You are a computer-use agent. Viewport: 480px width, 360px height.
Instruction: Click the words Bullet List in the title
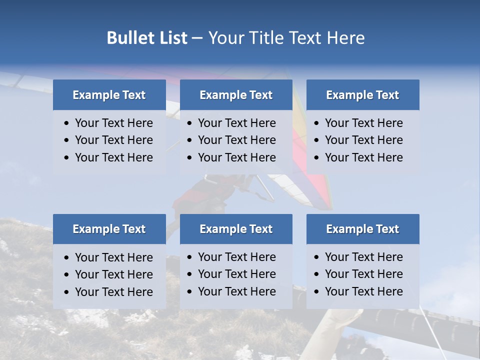147,38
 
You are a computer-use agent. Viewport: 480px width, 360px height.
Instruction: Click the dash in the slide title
197,38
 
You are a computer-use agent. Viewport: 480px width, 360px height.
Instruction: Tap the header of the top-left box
109,95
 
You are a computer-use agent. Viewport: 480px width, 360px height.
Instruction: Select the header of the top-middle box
236,95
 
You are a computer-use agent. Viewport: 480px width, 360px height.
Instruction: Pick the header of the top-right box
362,95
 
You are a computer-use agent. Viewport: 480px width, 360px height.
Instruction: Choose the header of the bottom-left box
109,229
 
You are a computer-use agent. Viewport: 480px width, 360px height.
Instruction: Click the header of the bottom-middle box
236,229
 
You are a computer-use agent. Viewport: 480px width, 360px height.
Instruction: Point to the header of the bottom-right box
362,229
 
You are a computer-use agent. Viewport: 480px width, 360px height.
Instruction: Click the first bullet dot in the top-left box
67,123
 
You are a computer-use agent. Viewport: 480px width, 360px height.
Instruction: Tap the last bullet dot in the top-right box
317,158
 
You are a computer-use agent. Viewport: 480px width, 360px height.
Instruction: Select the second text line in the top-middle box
236,140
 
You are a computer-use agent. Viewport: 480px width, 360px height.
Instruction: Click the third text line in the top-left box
113,157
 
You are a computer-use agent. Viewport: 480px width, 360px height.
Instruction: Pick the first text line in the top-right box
363,123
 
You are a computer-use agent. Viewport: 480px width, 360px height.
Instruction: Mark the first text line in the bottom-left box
113,257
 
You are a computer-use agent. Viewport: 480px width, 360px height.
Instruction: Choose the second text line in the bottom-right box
363,274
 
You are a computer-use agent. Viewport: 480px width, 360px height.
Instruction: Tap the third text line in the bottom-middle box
236,291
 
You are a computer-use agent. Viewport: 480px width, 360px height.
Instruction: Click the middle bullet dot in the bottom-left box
67,275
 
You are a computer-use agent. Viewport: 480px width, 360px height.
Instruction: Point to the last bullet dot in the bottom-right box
317,292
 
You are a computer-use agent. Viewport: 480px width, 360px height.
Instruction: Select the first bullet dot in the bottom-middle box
190,257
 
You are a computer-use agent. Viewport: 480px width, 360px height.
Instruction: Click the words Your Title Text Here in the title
286,38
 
